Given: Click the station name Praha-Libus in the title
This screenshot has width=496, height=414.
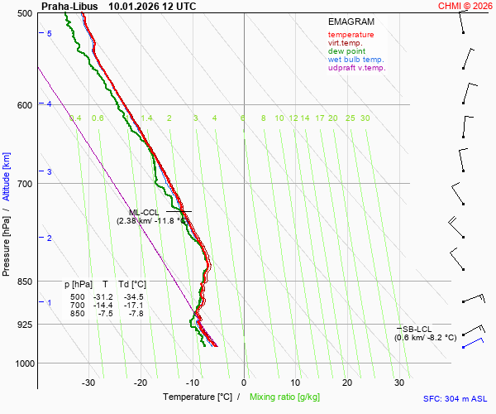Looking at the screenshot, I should coord(67,6).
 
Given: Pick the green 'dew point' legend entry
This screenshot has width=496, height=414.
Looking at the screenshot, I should coord(347,51).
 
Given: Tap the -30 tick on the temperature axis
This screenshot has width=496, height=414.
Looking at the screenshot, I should coord(88,383).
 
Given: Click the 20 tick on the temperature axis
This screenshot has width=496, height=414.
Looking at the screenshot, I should coord(347,383).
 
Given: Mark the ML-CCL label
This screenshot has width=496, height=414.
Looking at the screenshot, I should coord(144,212).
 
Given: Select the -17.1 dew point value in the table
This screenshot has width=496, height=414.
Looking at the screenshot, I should coord(133,306).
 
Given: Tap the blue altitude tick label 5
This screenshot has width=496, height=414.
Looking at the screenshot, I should coord(49,33).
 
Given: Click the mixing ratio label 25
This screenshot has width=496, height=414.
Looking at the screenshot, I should coord(350,118).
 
